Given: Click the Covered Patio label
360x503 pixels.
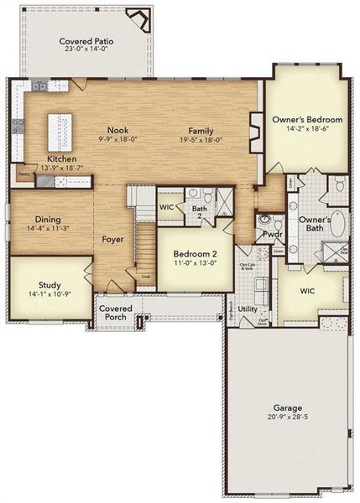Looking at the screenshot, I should [x=87, y=41].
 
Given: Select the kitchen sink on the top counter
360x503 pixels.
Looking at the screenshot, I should [x=38, y=87].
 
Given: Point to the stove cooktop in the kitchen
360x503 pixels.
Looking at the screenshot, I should [x=18, y=128].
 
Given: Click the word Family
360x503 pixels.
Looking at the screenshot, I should [x=200, y=131].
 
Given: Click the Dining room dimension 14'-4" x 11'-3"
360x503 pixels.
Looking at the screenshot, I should [x=47, y=227].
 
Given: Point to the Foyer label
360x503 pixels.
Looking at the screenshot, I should [x=113, y=239].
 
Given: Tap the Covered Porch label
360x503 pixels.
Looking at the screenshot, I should [x=115, y=314].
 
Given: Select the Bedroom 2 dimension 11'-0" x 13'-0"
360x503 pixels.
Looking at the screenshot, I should [x=195, y=263].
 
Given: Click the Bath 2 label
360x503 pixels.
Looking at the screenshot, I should [x=199, y=213].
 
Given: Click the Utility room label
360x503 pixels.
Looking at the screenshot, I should [x=248, y=309].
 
